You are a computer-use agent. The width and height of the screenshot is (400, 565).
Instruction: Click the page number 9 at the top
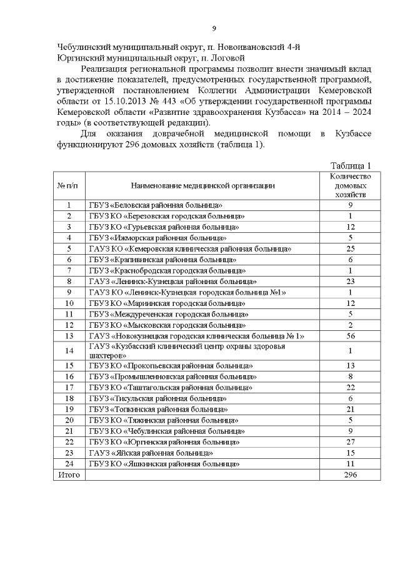click(214, 28)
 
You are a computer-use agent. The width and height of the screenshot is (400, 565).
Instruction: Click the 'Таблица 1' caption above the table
click(351, 165)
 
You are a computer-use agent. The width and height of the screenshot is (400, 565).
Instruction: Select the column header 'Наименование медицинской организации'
click(202, 185)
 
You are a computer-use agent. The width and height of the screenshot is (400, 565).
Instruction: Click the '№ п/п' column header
click(68, 185)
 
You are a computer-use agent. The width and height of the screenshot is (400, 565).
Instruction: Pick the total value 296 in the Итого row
click(351, 475)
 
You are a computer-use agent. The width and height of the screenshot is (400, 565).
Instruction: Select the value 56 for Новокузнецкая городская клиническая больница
click(351, 336)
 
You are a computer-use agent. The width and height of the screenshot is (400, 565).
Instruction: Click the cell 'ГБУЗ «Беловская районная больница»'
click(156, 205)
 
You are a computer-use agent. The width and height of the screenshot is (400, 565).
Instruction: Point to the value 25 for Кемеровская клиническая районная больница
click(351, 248)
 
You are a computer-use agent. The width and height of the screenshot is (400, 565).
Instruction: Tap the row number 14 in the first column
click(68, 350)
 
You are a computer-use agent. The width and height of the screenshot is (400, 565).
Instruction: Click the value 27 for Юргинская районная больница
click(351, 441)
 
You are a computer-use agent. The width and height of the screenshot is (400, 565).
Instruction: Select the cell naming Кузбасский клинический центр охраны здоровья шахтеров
click(187, 350)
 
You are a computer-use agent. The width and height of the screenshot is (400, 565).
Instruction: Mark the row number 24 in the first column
click(68, 464)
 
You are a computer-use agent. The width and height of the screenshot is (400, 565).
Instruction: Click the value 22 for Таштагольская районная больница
click(351, 387)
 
